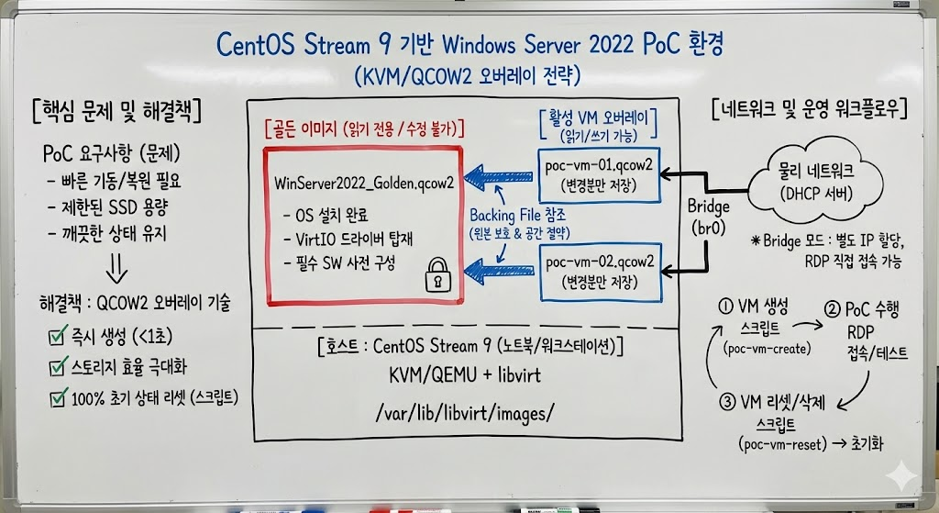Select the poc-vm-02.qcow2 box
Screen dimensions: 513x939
point(600,271)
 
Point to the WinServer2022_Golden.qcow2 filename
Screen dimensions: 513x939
point(364,183)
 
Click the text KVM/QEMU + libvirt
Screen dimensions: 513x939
point(467,375)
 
